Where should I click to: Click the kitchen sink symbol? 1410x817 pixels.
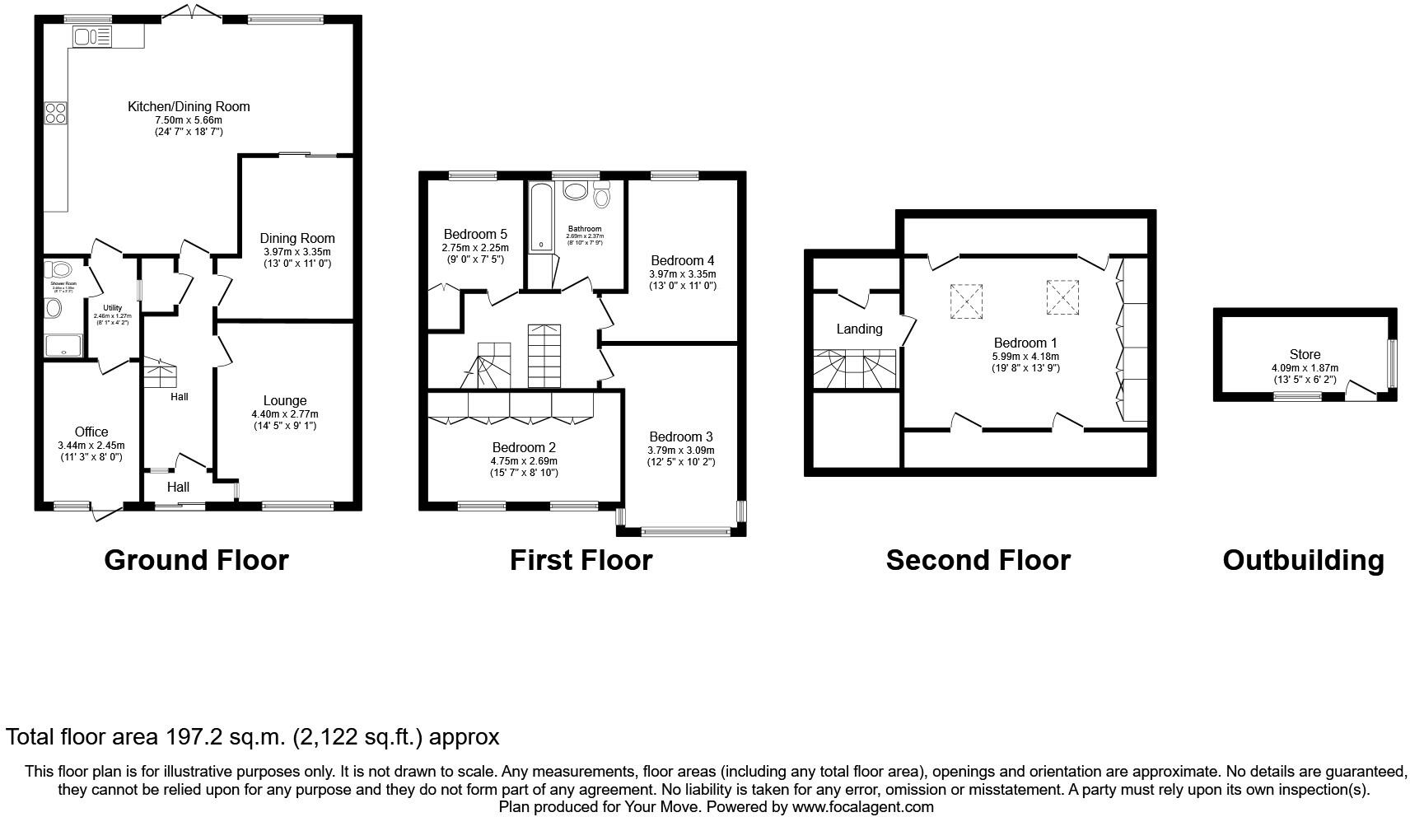pyautogui.click(x=91, y=36)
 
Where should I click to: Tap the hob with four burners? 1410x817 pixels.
pyautogui.click(x=56, y=112)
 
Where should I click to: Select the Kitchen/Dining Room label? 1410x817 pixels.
pyautogui.click(x=189, y=106)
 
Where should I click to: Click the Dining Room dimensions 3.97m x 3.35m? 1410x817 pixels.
pyautogui.click(x=296, y=252)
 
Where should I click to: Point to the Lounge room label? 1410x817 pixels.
pyautogui.click(x=285, y=401)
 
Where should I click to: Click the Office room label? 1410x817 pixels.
pyautogui.click(x=91, y=432)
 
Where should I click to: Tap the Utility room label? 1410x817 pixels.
pyautogui.click(x=112, y=308)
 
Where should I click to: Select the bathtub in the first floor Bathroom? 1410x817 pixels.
pyautogui.click(x=541, y=216)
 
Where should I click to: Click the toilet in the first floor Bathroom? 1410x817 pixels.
pyautogui.click(x=601, y=195)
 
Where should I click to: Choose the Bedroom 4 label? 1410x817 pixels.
pyautogui.click(x=682, y=260)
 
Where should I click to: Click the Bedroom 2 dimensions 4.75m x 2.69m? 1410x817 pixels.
pyautogui.click(x=524, y=461)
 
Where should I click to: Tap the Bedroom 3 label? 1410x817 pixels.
pyautogui.click(x=680, y=437)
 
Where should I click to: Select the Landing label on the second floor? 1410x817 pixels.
pyautogui.click(x=859, y=329)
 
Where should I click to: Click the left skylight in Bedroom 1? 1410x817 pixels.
pyautogui.click(x=966, y=300)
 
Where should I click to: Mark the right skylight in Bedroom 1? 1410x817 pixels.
pyautogui.click(x=1062, y=296)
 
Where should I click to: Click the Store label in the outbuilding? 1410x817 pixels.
pyautogui.click(x=1305, y=355)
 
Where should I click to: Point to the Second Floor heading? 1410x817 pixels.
pyautogui.click(x=978, y=560)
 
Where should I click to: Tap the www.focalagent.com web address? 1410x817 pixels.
pyautogui.click(x=862, y=807)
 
